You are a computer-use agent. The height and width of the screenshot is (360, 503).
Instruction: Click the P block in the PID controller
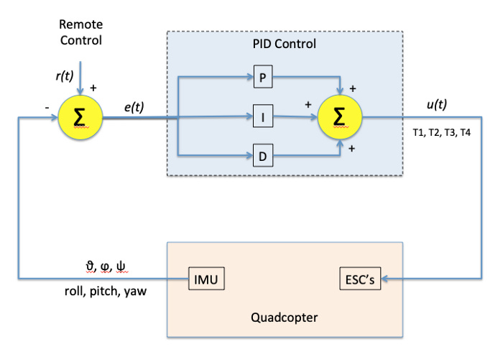[263, 78]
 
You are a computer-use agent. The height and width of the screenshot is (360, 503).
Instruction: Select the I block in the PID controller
[263, 116]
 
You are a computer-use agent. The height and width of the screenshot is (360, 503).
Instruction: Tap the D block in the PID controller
[263, 154]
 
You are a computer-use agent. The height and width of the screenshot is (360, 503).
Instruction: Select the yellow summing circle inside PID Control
[340, 116]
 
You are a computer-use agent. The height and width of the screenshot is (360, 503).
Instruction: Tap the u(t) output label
[436, 104]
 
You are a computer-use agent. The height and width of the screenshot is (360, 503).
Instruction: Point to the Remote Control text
[81, 31]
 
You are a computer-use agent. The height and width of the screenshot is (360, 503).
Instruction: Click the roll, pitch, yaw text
[105, 291]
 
